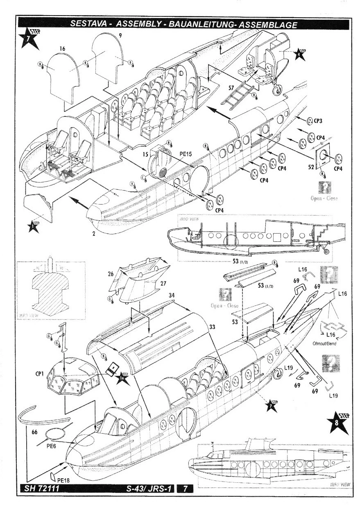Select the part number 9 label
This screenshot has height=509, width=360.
coord(120,36)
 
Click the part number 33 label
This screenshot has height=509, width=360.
coord(211,328)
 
